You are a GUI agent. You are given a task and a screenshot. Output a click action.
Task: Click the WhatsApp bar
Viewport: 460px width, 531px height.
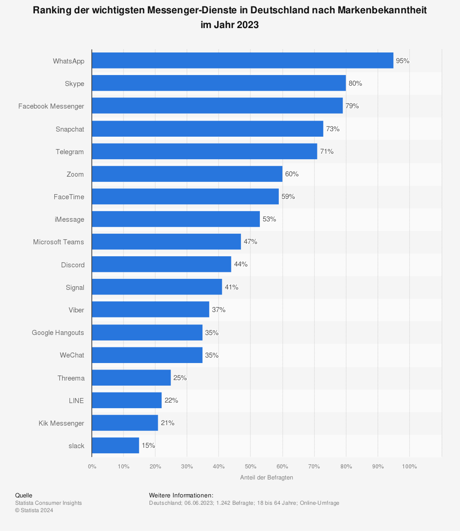click(242, 60)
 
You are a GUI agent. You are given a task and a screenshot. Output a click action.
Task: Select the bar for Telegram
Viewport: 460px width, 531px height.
click(204, 151)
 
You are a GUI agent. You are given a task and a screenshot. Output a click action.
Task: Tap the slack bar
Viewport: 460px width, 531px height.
click(115, 445)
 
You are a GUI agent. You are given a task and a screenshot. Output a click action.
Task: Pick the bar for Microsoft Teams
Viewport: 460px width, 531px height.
click(166, 242)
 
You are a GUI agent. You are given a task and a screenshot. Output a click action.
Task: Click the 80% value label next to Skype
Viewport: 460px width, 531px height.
click(355, 83)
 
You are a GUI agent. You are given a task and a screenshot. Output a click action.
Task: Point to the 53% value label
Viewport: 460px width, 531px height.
click(269, 219)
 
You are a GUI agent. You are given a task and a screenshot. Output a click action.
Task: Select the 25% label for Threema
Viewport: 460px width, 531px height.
click(180, 378)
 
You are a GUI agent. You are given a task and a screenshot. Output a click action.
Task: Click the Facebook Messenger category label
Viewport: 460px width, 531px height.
click(51, 106)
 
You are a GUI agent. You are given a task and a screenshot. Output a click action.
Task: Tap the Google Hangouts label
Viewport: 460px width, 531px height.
click(58, 332)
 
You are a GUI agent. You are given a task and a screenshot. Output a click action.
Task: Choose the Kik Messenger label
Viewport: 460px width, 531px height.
click(61, 423)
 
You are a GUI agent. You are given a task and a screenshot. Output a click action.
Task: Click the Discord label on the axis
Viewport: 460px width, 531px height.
click(73, 265)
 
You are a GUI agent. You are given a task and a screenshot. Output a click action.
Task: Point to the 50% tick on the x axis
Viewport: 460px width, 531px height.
click(250, 467)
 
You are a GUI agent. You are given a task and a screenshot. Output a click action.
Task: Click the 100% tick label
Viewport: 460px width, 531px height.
click(409, 467)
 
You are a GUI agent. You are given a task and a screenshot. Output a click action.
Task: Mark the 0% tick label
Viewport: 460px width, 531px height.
click(92, 467)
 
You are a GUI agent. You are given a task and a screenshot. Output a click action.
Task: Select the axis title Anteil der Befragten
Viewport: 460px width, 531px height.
click(266, 478)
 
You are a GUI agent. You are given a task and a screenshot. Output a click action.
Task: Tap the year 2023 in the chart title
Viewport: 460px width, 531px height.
click(248, 25)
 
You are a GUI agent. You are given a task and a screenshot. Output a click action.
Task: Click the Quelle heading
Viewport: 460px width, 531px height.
click(23, 496)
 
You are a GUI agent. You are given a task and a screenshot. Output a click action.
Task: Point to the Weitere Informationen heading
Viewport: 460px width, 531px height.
click(181, 496)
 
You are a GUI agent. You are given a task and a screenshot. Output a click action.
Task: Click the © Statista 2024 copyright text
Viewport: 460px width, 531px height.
click(34, 510)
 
